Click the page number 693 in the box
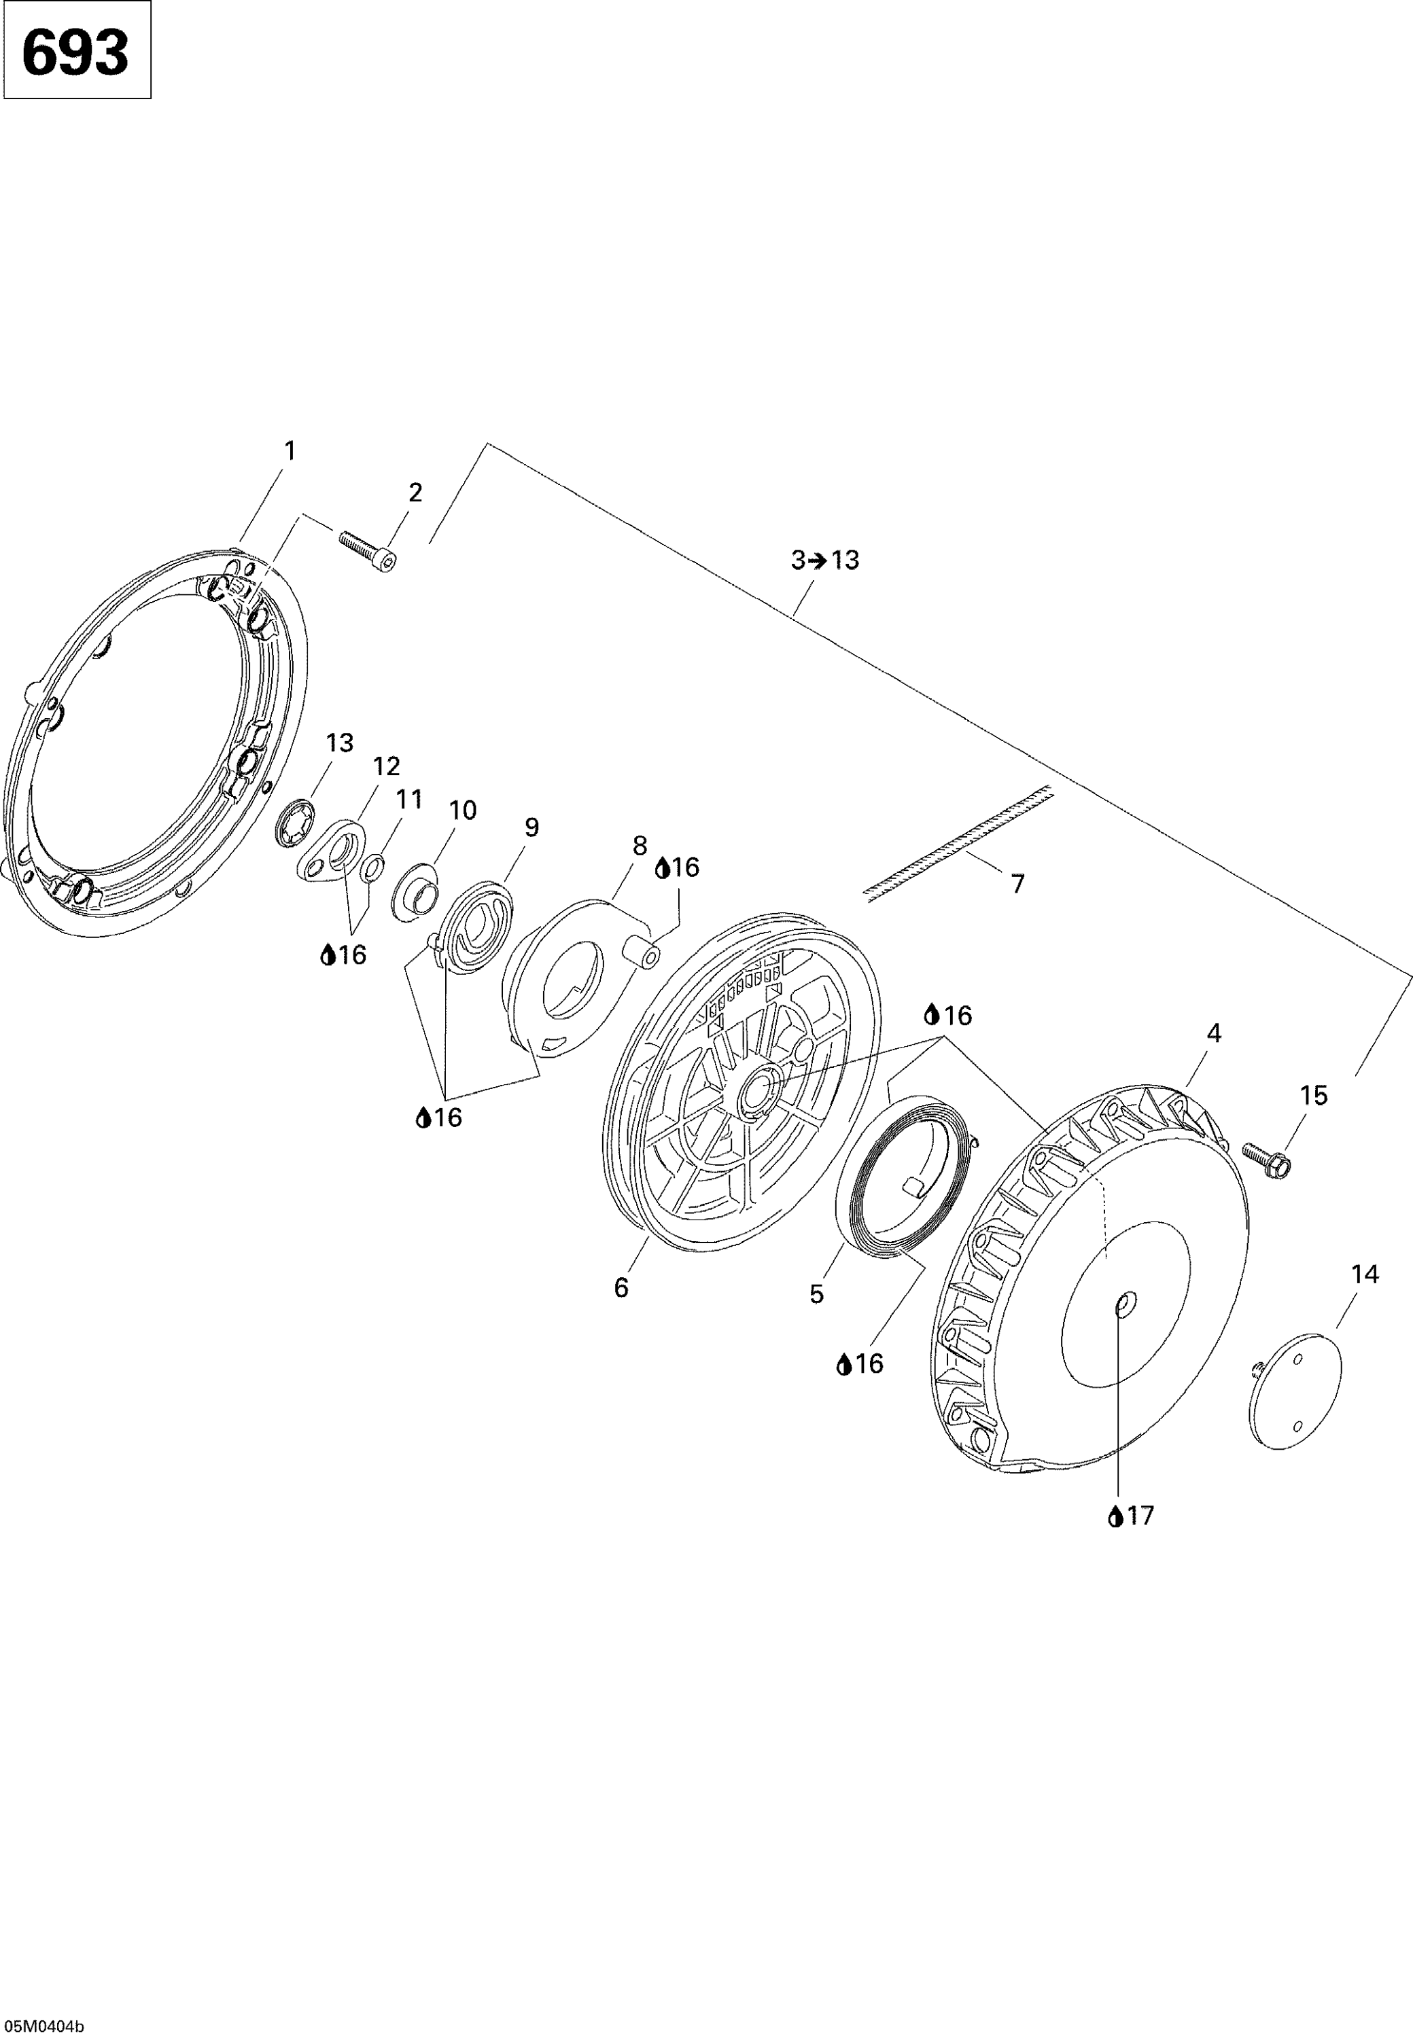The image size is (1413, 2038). click(x=75, y=52)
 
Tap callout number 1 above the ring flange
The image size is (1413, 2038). click(x=289, y=451)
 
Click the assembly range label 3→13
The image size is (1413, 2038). click(x=825, y=560)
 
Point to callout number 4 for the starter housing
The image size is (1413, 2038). click(x=1214, y=1033)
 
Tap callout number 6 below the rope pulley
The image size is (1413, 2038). click(x=621, y=1287)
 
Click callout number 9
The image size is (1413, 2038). click(x=531, y=827)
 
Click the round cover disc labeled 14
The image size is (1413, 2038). click(x=1296, y=1391)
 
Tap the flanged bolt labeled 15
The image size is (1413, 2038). click(x=1267, y=1158)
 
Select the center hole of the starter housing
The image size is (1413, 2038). click(x=1123, y=1302)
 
